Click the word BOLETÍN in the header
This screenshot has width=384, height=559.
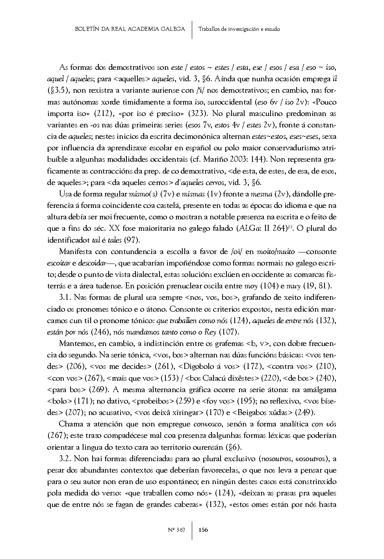tap(87, 29)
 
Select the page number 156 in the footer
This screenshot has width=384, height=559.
tap(203, 529)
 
